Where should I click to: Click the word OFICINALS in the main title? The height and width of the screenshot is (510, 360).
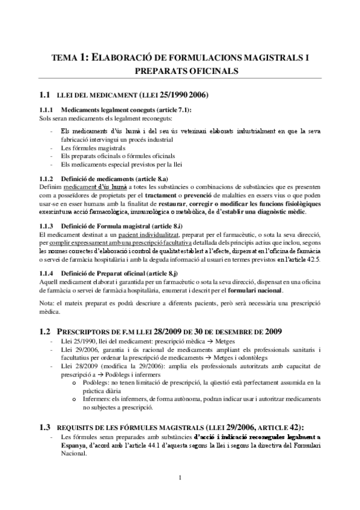[213, 71]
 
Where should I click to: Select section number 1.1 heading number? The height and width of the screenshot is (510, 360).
[43, 96]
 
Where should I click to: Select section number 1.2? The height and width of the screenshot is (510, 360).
[43, 332]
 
